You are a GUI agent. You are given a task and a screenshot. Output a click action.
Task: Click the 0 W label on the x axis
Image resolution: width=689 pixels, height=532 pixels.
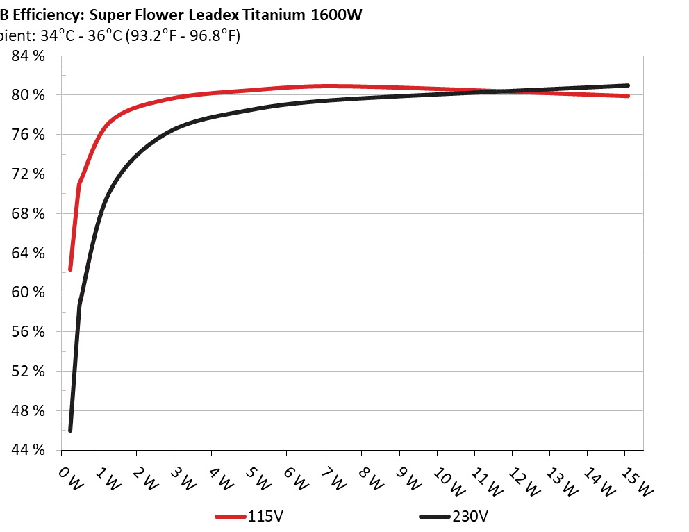(x=70, y=479)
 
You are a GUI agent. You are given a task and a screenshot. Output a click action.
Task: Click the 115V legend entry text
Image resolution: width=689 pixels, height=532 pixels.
(x=265, y=517)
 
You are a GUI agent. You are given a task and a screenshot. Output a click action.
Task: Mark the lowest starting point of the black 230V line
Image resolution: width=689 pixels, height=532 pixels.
(x=70, y=431)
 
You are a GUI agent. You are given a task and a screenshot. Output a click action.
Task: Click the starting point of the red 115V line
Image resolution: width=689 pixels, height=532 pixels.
(x=70, y=269)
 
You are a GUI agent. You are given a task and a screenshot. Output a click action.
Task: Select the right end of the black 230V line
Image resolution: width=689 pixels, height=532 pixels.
(x=627, y=85)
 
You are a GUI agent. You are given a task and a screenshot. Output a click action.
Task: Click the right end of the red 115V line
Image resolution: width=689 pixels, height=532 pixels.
(x=627, y=96)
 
